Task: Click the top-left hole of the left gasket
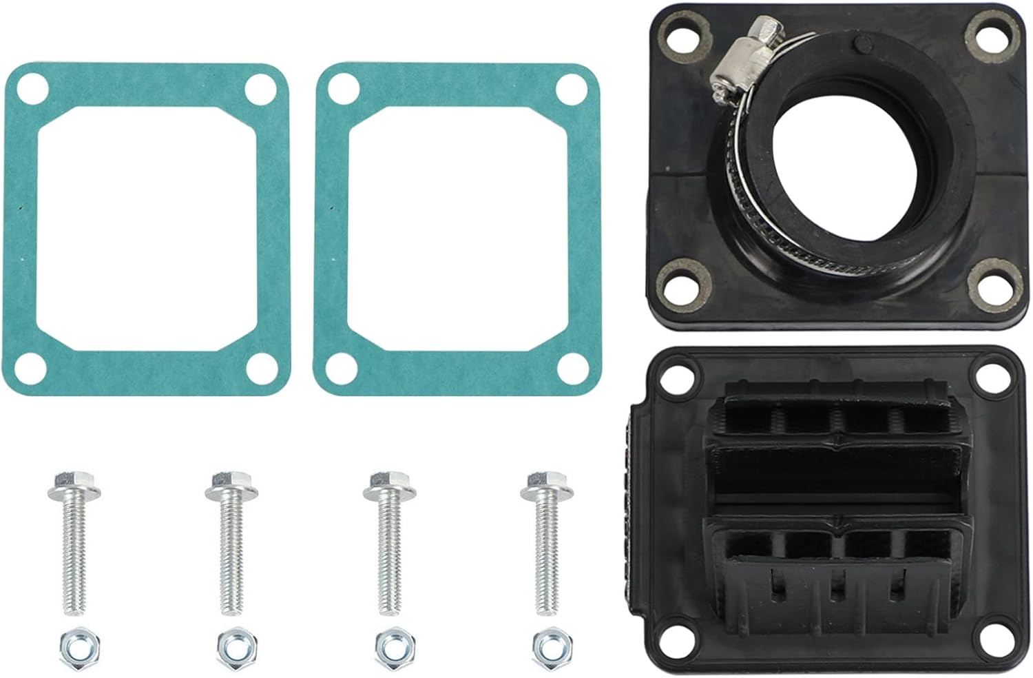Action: tap(30, 90)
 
